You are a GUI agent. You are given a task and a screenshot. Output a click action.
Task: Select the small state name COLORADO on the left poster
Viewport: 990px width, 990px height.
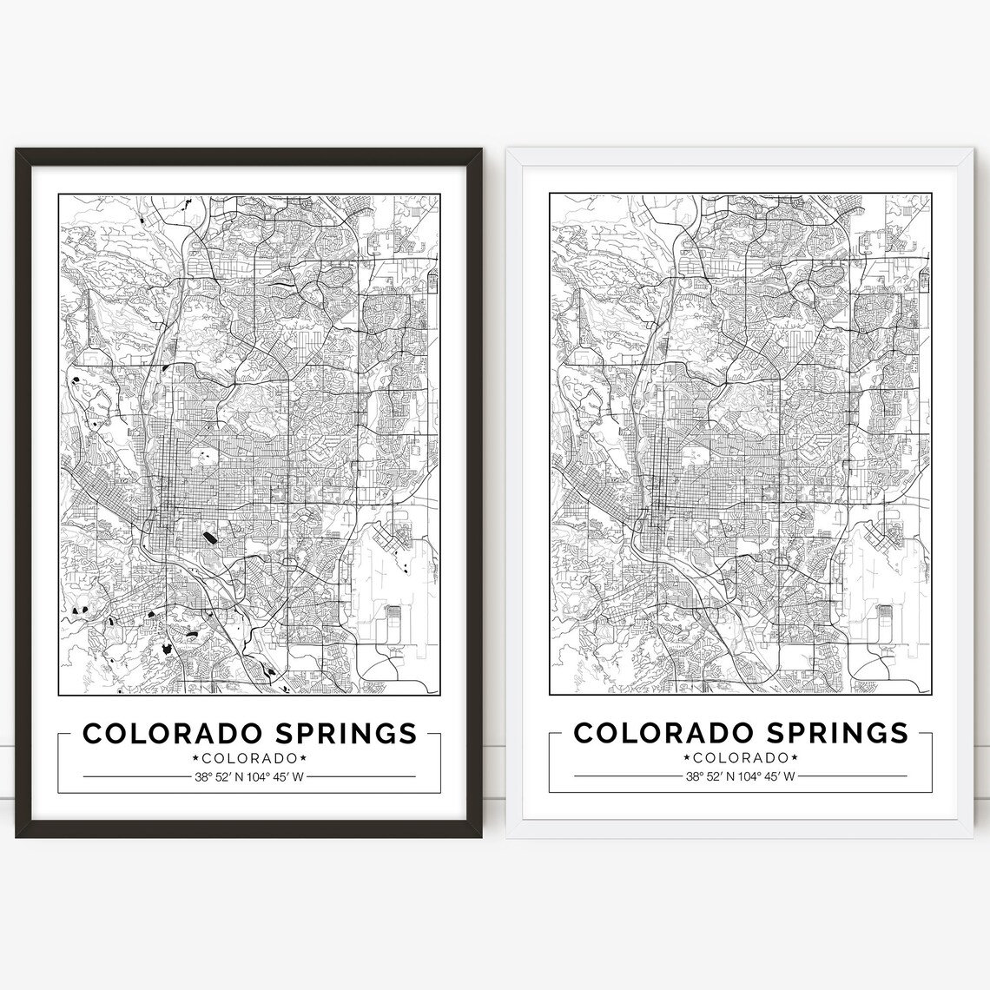click(x=249, y=759)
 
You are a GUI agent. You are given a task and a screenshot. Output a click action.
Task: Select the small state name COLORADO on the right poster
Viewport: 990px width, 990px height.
click(x=741, y=759)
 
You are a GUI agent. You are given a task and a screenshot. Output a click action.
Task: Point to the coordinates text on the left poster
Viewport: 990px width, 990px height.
click(x=249, y=777)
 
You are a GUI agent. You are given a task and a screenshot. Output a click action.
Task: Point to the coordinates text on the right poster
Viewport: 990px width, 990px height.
click(x=741, y=777)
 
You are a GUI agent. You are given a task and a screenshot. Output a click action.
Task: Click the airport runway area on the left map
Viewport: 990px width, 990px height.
click(x=395, y=599)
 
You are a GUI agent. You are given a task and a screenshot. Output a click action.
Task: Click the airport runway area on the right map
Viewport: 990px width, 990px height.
click(x=886, y=599)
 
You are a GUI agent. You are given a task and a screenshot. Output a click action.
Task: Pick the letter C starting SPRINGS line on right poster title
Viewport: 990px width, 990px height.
click(x=584, y=733)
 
